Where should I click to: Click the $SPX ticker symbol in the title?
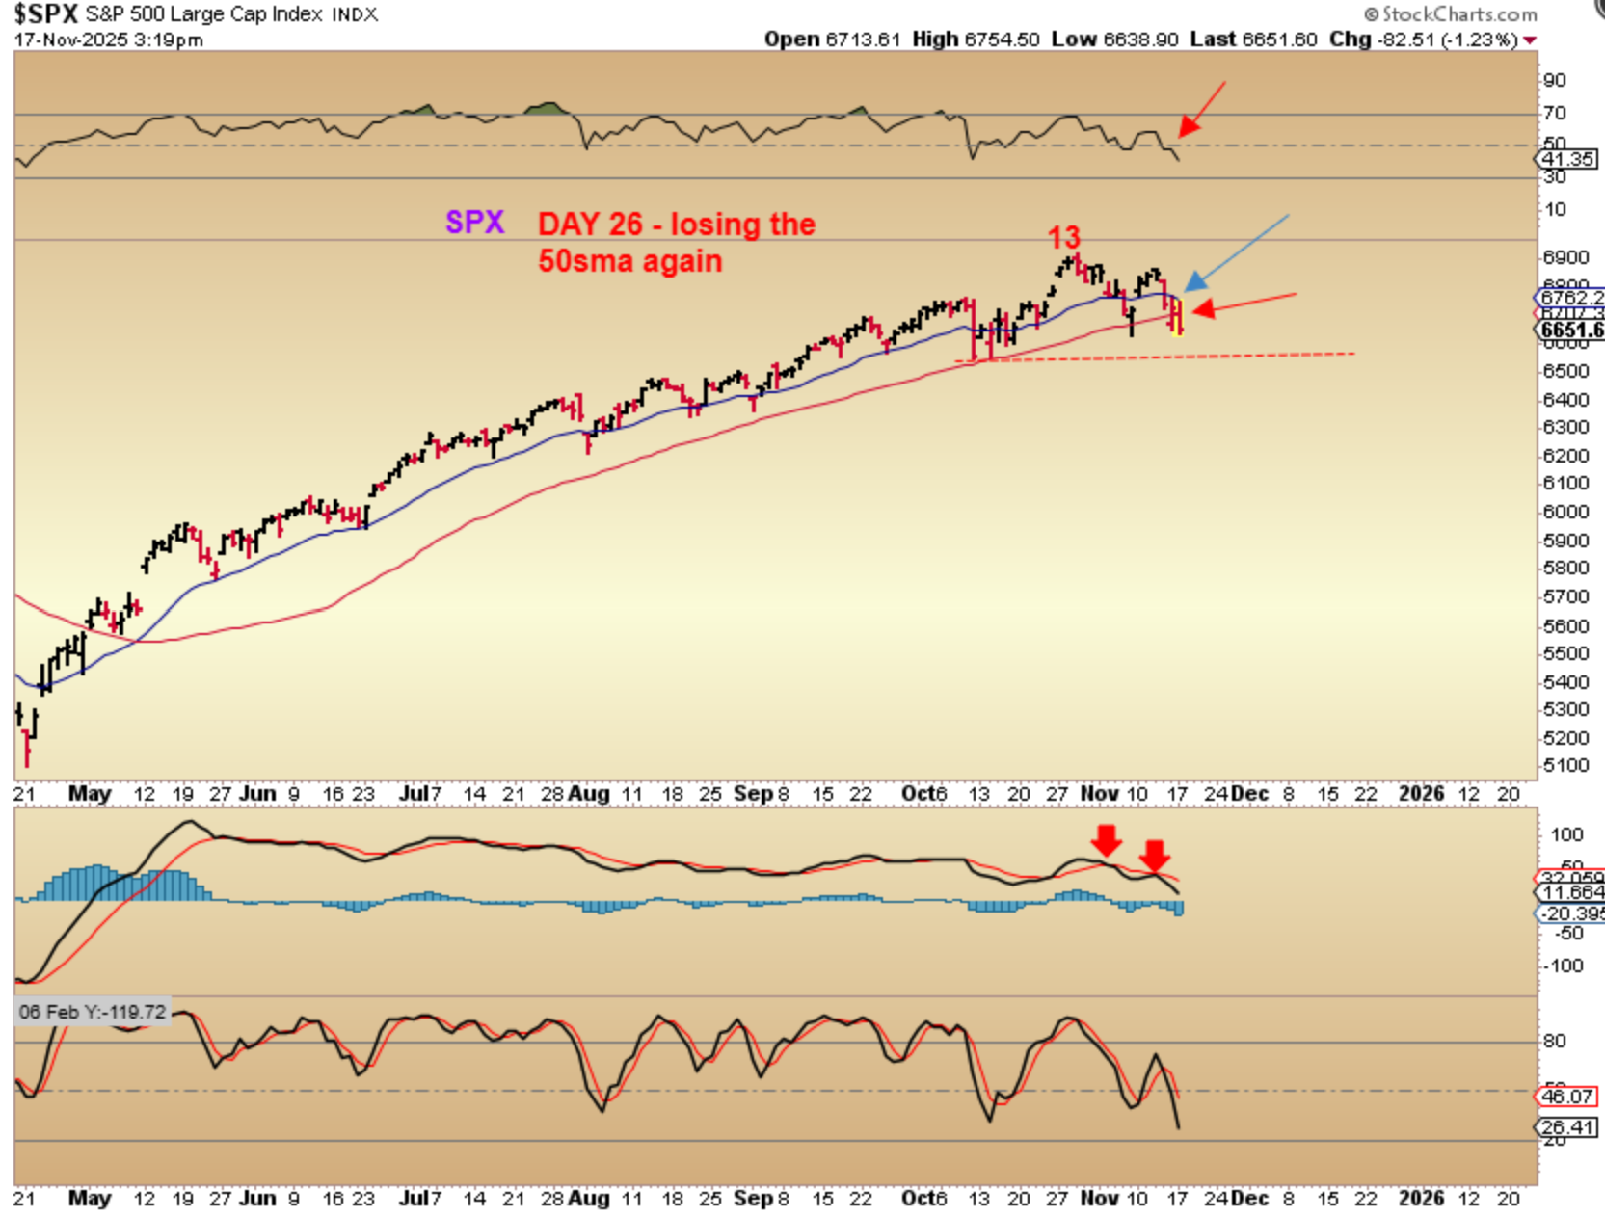44,13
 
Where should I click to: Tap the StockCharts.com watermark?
1452,13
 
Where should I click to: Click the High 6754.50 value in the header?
976,40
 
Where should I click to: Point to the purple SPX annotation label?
474,223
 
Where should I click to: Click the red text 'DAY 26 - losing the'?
676,225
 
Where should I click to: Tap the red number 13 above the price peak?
1063,237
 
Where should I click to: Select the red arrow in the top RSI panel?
1201,109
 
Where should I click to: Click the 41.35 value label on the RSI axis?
1567,159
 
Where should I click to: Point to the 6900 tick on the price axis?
1565,257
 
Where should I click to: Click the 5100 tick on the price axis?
1565,766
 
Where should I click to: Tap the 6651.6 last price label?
1571,331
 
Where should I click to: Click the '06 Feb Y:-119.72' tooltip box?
93,1012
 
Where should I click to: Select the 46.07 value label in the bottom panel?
1566,1097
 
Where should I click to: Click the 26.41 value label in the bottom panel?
1566,1127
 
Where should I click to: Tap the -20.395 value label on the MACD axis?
1571,913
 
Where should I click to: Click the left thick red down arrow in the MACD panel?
1107,839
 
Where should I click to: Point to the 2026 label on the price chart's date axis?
1421,793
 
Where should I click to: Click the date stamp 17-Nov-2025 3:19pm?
108,40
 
